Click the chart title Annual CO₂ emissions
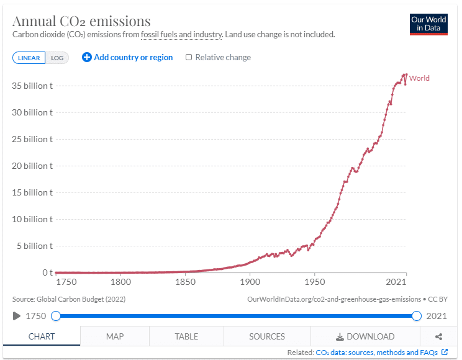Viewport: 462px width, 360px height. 81,22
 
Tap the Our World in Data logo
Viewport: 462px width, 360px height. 428,24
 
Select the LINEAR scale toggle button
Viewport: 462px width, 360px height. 29,58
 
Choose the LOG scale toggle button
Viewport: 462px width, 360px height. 57,58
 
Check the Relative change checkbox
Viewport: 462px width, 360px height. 189,57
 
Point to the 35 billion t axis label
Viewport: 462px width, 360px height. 33,86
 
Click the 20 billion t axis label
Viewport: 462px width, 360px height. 33,166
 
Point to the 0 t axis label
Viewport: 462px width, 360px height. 47,272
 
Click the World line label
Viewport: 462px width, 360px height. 419,78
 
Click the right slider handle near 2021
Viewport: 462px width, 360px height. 417,316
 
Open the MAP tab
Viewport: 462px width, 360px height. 115,336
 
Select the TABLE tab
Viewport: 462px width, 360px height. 186,336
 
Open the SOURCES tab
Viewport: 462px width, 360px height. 267,336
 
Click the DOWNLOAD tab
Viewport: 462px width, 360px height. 365,336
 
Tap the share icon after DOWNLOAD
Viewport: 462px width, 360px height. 438,336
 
